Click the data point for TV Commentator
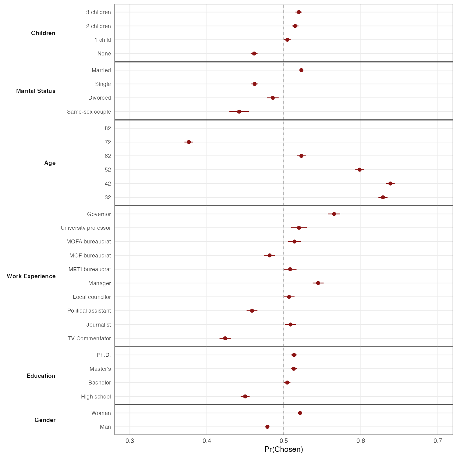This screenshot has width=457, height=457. pos(225,338)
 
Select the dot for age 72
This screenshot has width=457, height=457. pos(189,142)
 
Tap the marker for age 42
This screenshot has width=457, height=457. pos(390,183)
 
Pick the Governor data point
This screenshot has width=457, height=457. pos(334,214)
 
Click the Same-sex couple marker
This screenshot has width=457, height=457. pos(239,112)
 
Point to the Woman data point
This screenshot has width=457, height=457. pos(300,413)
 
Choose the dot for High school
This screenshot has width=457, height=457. pos(245,396)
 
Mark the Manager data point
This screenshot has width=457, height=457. pos(318,283)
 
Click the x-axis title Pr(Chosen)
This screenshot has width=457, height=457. pos(284,449)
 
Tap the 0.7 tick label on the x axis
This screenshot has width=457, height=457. pos(438,441)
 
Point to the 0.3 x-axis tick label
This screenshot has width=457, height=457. pos(130,441)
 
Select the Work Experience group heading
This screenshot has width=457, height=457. pos(31,276)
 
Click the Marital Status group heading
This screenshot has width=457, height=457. pos(36,91)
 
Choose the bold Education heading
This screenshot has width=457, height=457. pos(41,376)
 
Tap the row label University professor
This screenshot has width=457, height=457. pos(86,228)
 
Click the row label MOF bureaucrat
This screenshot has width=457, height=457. pos(90,256)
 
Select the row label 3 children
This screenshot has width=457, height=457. pos(98,12)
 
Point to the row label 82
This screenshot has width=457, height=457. pos(108,128)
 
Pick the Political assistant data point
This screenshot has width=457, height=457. pos(252,311)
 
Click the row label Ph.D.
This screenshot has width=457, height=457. pos(104,355)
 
